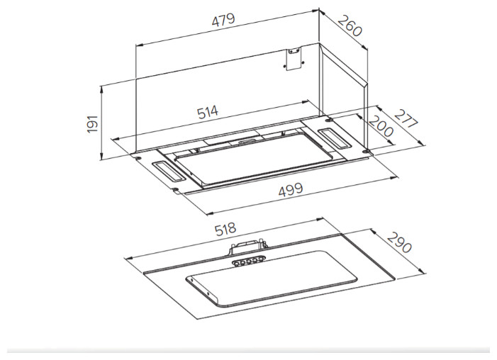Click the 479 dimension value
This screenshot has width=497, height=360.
223,20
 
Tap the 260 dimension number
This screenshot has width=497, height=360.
350,26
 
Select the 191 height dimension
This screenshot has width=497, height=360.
92,123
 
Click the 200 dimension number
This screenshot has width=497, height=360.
381,126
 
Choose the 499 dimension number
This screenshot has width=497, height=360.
291,190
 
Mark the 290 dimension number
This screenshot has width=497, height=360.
400,242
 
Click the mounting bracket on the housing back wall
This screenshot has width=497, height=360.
294,59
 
